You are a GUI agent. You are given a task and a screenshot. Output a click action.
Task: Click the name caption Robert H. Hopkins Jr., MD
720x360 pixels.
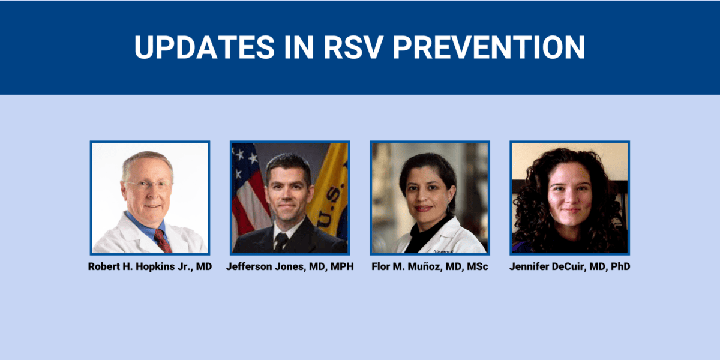(x=150, y=266)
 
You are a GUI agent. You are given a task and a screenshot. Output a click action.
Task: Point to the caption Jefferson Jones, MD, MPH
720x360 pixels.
(x=290, y=266)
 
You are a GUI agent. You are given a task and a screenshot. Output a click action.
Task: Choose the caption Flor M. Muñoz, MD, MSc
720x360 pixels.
(x=430, y=266)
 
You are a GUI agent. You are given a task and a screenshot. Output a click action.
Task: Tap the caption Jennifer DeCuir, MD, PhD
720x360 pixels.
(x=569, y=266)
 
